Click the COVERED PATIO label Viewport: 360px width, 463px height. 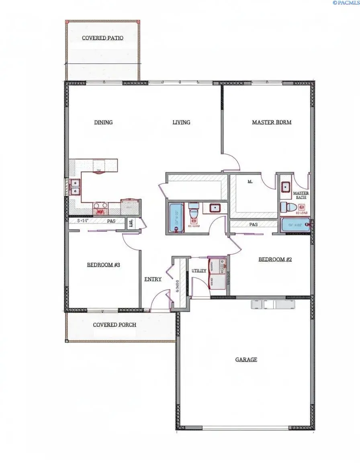(x=102, y=38)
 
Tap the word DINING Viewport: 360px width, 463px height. (x=103, y=122)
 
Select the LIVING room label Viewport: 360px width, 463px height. (x=181, y=122)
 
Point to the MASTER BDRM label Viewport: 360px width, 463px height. (x=272, y=122)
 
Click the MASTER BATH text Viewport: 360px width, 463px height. (x=301, y=195)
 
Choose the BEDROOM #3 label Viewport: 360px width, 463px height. (x=104, y=265)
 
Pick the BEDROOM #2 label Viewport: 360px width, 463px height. (x=275, y=260)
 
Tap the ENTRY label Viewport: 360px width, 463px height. (x=153, y=279)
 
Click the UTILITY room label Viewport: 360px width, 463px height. (x=199, y=270)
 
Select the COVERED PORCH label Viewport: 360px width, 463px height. (x=115, y=325)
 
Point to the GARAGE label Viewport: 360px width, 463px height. (x=246, y=360)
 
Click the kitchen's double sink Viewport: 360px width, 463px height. (x=75, y=187)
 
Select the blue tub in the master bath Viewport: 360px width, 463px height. (x=295, y=225)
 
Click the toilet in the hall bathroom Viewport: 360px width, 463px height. (x=193, y=212)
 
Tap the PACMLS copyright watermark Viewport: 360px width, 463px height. (x=346, y=3)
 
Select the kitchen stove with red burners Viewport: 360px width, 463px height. (x=100, y=208)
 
